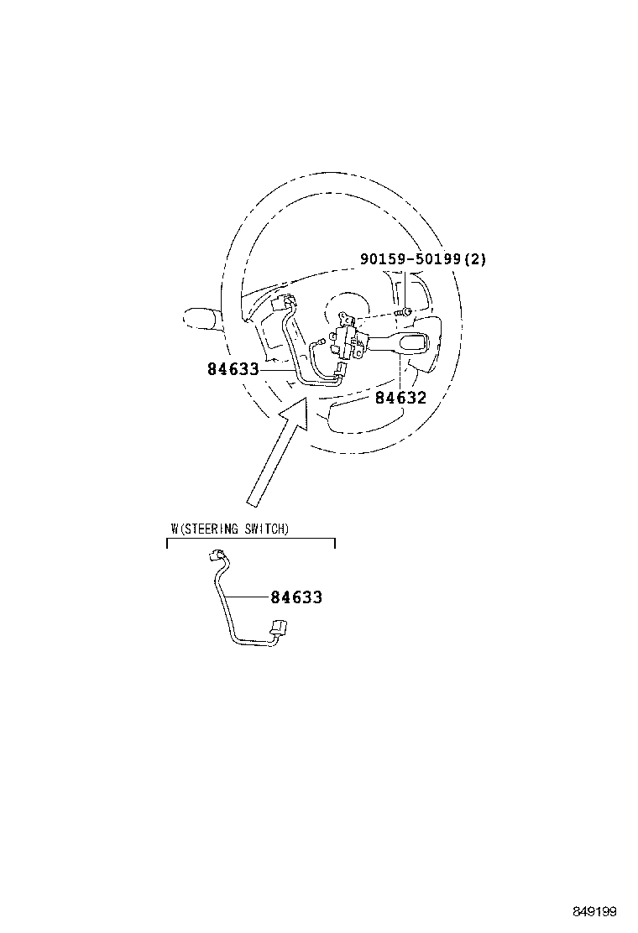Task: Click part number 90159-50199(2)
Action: click(x=422, y=258)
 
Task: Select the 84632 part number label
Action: click(x=400, y=398)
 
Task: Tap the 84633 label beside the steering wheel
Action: click(x=233, y=369)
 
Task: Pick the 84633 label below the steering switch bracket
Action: click(x=296, y=597)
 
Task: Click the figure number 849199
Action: click(x=594, y=911)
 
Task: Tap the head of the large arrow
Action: click(x=295, y=411)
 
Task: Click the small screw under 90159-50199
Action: click(x=404, y=312)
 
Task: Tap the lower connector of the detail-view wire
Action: click(x=279, y=627)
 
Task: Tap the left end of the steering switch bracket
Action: click(x=167, y=543)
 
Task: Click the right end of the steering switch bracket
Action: click(x=335, y=543)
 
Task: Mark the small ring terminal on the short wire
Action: click(x=322, y=341)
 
